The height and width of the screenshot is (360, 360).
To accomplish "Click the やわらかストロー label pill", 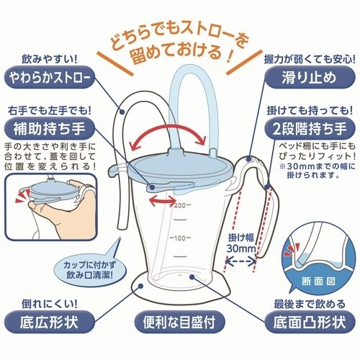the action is [x=49, y=77].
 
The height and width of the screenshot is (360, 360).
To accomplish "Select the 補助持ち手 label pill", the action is [x=49, y=128].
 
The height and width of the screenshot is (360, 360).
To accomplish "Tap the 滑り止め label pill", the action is [x=310, y=78].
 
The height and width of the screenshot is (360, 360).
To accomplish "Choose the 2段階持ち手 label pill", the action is [x=310, y=128].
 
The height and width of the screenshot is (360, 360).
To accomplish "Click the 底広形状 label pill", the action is [x=49, y=322].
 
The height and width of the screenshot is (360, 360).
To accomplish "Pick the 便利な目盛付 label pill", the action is [x=179, y=322].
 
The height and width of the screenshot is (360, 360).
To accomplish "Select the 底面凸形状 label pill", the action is [x=310, y=322].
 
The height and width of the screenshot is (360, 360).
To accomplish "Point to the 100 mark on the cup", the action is [x=180, y=238].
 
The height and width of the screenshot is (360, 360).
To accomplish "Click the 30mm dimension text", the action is [x=241, y=248].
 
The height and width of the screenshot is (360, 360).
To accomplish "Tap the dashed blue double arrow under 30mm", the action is [x=241, y=261].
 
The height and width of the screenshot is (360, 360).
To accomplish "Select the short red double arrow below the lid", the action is [x=163, y=201].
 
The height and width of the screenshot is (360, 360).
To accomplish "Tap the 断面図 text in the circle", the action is [x=318, y=282].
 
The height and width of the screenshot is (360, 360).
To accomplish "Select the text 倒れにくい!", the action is [x=50, y=305].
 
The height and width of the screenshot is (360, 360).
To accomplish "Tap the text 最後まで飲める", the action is [x=310, y=305].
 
